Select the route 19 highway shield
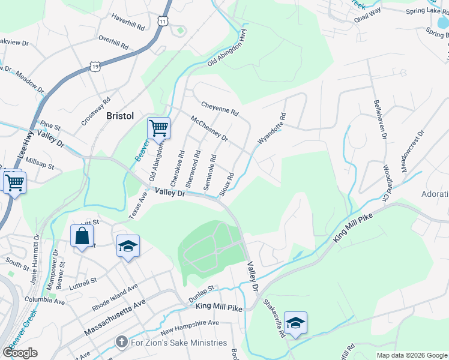click(x=95, y=67)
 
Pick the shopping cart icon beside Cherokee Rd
click(x=158, y=128)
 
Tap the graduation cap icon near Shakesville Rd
click(x=295, y=323)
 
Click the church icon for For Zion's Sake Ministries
click(x=121, y=343)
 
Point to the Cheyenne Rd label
click(x=220, y=108)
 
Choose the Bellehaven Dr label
click(x=379, y=120)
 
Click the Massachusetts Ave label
click(x=115, y=320)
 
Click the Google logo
click(x=20, y=353)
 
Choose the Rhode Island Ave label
click(x=115, y=297)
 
